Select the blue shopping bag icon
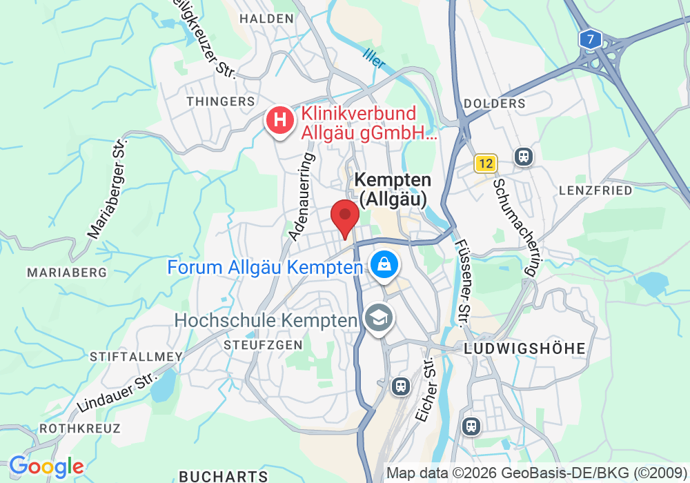[x=382, y=264]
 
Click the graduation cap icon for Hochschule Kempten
[x=379, y=319]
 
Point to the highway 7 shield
[x=589, y=39]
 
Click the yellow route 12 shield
[x=486, y=164]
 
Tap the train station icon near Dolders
[x=524, y=157]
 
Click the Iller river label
[x=374, y=58]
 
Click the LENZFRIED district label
[x=595, y=190]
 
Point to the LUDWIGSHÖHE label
[x=524, y=348]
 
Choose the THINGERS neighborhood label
[x=221, y=101]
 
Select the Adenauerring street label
[x=302, y=196]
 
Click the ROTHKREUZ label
[x=80, y=428]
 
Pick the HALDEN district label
[x=266, y=19]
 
